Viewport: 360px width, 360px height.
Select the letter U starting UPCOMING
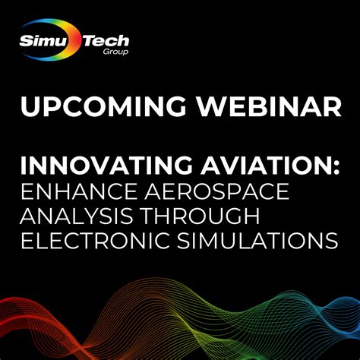pos(31,107)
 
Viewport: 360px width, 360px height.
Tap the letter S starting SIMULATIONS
pos(182,243)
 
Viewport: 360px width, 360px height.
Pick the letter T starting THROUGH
pos(155,218)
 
